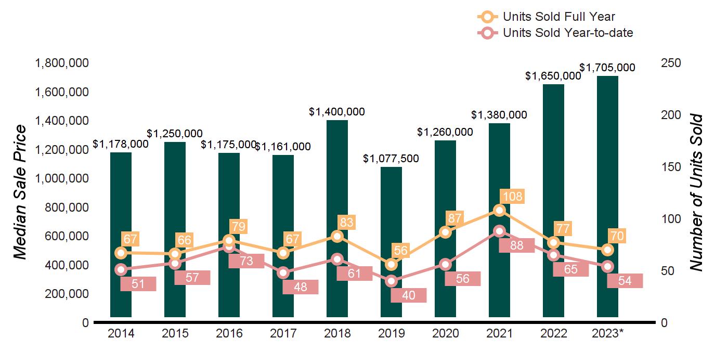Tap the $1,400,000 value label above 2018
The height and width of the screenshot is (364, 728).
(337, 112)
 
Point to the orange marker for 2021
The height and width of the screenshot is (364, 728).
(499, 210)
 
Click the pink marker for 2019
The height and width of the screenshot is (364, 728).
(391, 281)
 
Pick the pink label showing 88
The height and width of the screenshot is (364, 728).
(516, 246)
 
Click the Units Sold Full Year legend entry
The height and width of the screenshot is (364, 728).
(558, 17)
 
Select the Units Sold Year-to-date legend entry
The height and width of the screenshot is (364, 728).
(567, 33)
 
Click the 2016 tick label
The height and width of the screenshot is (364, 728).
(229, 333)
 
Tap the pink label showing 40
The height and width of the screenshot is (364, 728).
(409, 295)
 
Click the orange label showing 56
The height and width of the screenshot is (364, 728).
(400, 251)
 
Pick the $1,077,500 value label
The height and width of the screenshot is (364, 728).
(391, 159)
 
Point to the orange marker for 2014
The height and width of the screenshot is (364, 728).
(121, 253)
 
